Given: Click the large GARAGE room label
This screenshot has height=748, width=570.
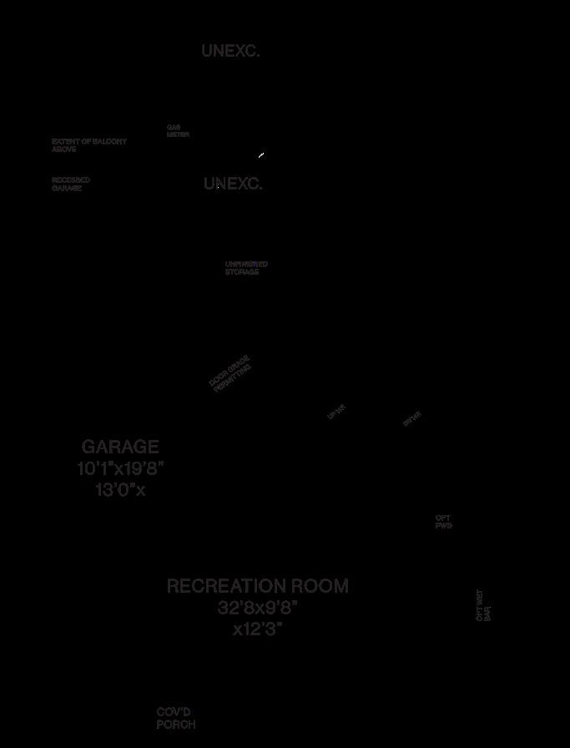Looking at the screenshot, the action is coord(120,447).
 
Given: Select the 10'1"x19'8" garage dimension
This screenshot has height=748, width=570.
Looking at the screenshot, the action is coord(120,468).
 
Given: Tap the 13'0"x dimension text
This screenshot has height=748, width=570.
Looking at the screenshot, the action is coord(120,490).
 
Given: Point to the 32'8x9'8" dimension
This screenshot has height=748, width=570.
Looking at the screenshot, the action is coord(258,608).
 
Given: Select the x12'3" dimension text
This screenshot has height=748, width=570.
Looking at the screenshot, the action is coord(258,629).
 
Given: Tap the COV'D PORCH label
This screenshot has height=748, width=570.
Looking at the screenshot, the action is coord(175,719).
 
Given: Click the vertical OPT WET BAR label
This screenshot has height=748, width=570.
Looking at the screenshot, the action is coord(483,605).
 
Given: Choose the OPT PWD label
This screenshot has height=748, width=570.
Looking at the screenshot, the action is coord(443,522).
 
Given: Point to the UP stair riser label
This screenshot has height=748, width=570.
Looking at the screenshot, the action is coord(336,411).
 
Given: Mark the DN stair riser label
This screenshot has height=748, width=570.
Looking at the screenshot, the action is coord(412,418).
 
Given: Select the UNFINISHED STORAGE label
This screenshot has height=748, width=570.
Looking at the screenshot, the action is coord(245,268).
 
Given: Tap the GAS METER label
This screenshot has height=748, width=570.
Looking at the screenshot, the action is coord(177,131).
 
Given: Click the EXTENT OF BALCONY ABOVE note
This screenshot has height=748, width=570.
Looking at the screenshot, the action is coord(88,145).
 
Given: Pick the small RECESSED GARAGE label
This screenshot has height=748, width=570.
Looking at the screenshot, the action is coord(70,184).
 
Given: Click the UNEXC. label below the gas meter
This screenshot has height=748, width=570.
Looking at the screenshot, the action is coord(233,184).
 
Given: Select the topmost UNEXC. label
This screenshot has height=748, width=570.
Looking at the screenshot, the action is coord(230,51).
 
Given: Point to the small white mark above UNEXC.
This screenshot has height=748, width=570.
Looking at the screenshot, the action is coord(261,155).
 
